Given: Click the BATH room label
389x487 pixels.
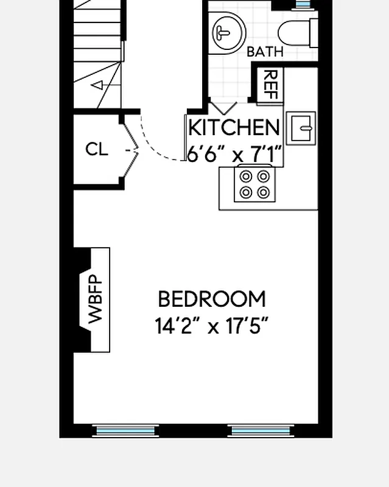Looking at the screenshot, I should coord(265,52).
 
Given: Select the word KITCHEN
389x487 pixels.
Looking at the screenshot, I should coord(234,128).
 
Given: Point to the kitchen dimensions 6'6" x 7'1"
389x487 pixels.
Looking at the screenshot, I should coord(234,155).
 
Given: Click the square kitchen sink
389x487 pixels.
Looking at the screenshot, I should coord(301,128).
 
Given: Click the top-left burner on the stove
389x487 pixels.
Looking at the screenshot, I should coord(247,177).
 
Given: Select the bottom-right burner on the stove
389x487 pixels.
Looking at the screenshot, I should coord(263,192).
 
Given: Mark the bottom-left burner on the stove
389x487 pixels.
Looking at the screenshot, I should coord(247,192).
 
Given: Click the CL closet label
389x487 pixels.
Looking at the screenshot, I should coord(97,149).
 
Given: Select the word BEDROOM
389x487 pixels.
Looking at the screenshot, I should coord(212,300).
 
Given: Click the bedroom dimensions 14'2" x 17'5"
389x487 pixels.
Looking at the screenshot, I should coord(212,327).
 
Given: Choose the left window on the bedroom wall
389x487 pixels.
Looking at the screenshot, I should coord(127,432).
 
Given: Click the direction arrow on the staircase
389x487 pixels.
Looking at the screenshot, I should coord(97,86).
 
